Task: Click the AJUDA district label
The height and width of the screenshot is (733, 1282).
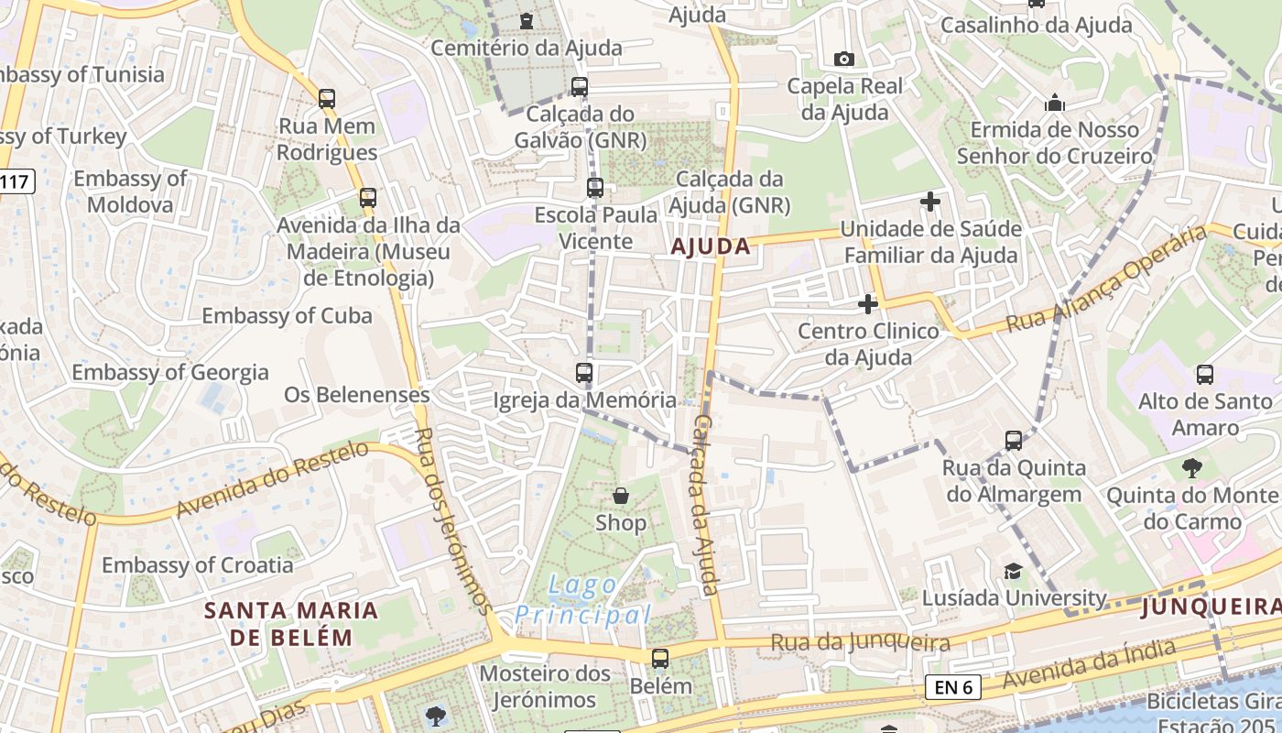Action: point(711,246)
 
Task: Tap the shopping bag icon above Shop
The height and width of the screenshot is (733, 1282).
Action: point(621,496)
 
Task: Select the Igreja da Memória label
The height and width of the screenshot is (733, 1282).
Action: point(585,400)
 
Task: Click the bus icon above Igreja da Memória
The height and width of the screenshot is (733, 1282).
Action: point(584,373)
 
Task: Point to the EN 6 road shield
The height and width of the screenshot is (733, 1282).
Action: point(953,686)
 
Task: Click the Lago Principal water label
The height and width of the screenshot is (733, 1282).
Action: point(583,599)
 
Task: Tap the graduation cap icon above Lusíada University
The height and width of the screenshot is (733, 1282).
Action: point(1013,571)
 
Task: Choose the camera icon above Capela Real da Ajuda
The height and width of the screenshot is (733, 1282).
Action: point(844,60)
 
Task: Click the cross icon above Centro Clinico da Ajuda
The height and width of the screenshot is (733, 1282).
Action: point(868,303)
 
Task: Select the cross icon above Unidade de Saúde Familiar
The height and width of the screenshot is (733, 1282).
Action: point(930,202)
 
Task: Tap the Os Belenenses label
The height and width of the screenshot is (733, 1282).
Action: point(357,395)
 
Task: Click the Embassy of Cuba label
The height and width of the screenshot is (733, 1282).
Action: point(287,316)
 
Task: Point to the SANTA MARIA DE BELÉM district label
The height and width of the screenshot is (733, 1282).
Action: point(291,623)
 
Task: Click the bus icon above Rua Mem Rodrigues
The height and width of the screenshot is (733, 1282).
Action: point(327,98)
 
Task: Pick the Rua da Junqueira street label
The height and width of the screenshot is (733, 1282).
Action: point(860,642)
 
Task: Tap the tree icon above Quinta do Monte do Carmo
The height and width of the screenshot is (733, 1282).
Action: point(1191,469)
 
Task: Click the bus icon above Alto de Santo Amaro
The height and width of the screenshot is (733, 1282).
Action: point(1205,375)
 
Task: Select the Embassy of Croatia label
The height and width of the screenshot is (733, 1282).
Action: point(198,564)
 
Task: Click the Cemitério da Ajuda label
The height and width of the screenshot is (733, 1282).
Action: point(527,48)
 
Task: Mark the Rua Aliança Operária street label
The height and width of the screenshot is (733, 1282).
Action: point(1108,279)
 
